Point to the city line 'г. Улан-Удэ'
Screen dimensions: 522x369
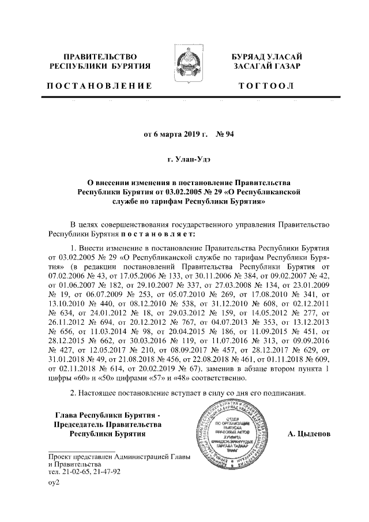click(184, 158)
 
